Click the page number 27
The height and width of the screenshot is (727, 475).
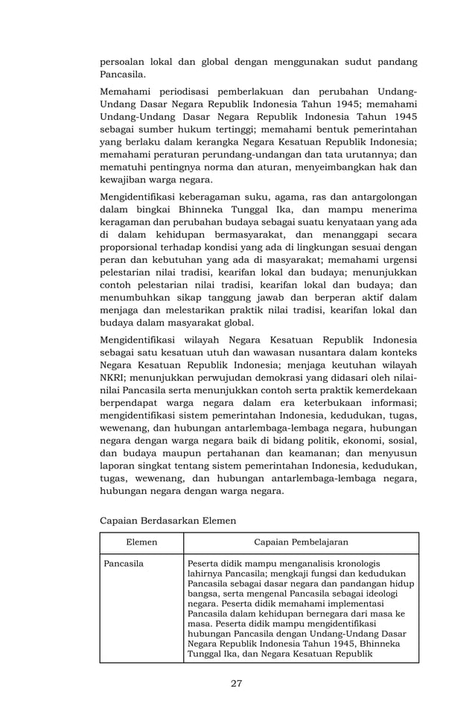(236, 683)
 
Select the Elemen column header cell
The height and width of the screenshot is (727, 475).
(141, 543)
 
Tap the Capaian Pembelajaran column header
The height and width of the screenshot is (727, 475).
(301, 543)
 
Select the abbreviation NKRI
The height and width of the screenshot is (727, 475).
(115, 378)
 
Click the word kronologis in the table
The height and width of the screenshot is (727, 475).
(354, 564)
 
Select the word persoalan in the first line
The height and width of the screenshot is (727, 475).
(124, 62)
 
